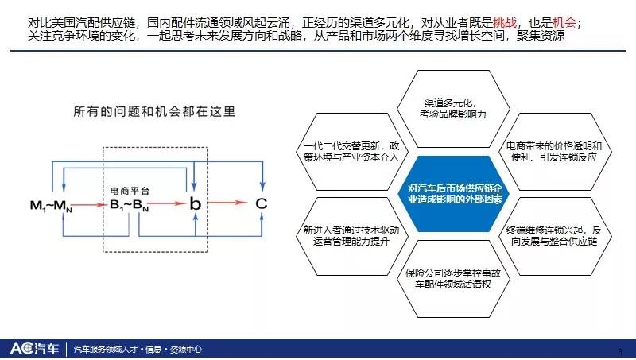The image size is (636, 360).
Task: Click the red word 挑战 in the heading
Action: (505, 22)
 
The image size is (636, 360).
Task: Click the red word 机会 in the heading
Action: (564, 22)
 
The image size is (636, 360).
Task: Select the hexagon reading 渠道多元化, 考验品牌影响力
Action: (453, 109)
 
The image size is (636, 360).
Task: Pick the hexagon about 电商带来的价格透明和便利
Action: (554, 152)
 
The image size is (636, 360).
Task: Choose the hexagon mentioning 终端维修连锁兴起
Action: (554, 236)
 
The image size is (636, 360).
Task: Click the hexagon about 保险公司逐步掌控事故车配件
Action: (453, 278)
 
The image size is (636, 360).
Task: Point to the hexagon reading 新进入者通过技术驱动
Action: (351, 236)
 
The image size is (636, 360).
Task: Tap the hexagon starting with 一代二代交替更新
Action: (351, 152)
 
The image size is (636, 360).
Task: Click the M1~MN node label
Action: (51, 206)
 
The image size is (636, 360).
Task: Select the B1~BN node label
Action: (129, 206)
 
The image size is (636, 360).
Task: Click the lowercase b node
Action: (195, 203)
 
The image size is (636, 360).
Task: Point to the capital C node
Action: (262, 203)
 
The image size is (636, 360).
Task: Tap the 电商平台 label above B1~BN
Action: (130, 191)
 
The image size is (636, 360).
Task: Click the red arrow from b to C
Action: (227, 203)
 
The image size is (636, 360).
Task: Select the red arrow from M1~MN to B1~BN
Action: (89, 205)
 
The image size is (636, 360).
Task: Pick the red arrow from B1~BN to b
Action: (167, 203)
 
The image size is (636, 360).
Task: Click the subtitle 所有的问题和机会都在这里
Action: (154, 111)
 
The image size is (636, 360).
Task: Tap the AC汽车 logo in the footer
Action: (34, 348)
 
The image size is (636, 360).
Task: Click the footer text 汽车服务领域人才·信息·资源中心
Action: (138, 349)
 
